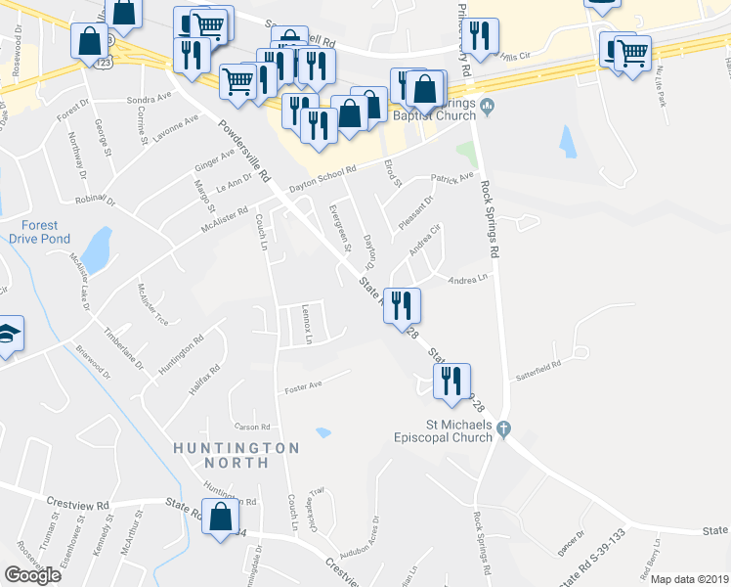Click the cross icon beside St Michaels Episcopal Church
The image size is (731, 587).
503,428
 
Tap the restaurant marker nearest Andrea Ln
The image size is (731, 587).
402,306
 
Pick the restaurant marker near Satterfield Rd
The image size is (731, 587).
451,382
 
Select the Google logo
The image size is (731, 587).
32,575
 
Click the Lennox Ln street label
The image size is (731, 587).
306,325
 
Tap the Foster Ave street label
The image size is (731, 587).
303,388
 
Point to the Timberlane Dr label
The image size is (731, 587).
123,347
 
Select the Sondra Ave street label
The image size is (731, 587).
149,98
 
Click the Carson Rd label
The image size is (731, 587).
251,427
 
